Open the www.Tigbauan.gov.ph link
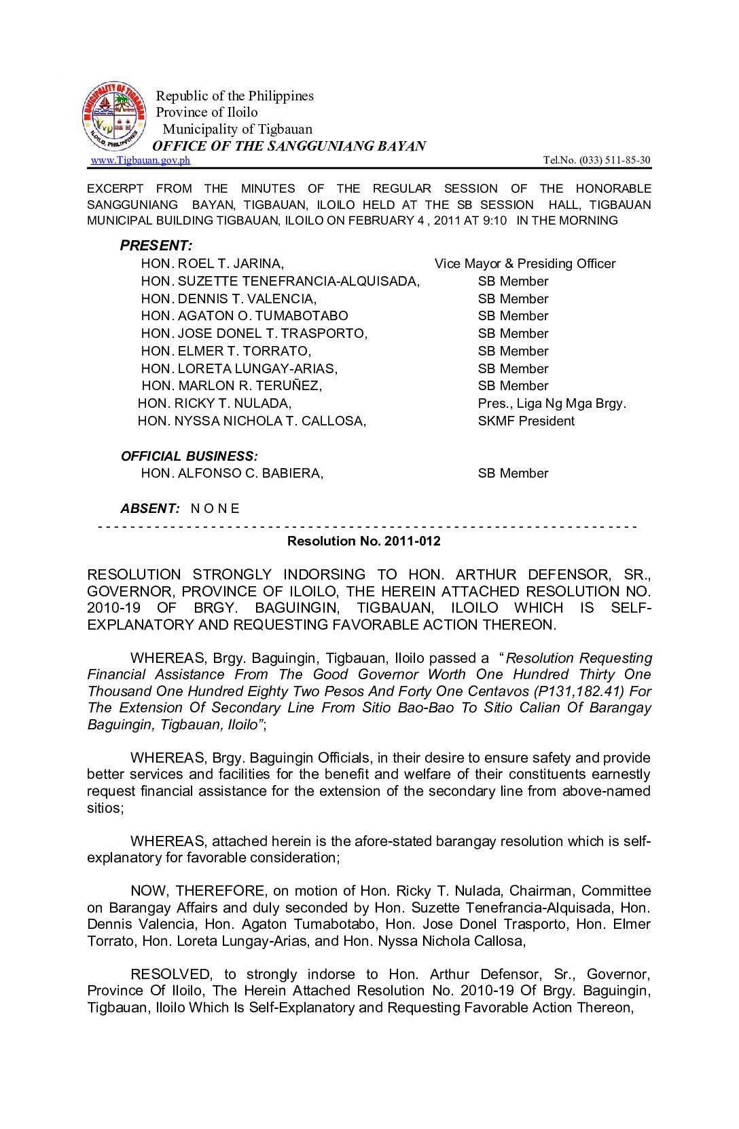140,160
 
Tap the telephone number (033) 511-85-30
614,160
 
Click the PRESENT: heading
156,246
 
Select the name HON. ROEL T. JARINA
213,264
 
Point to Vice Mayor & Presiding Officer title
525,264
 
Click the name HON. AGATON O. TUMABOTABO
245,316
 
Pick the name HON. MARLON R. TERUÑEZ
232,386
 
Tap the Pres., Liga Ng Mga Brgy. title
552,404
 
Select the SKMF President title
526,421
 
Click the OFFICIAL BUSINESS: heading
190,457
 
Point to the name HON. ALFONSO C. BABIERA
232,474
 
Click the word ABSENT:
150,509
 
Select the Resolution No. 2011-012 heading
364,541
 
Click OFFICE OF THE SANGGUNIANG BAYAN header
289,146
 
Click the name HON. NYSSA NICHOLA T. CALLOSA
251,421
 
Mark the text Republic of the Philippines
235,96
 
